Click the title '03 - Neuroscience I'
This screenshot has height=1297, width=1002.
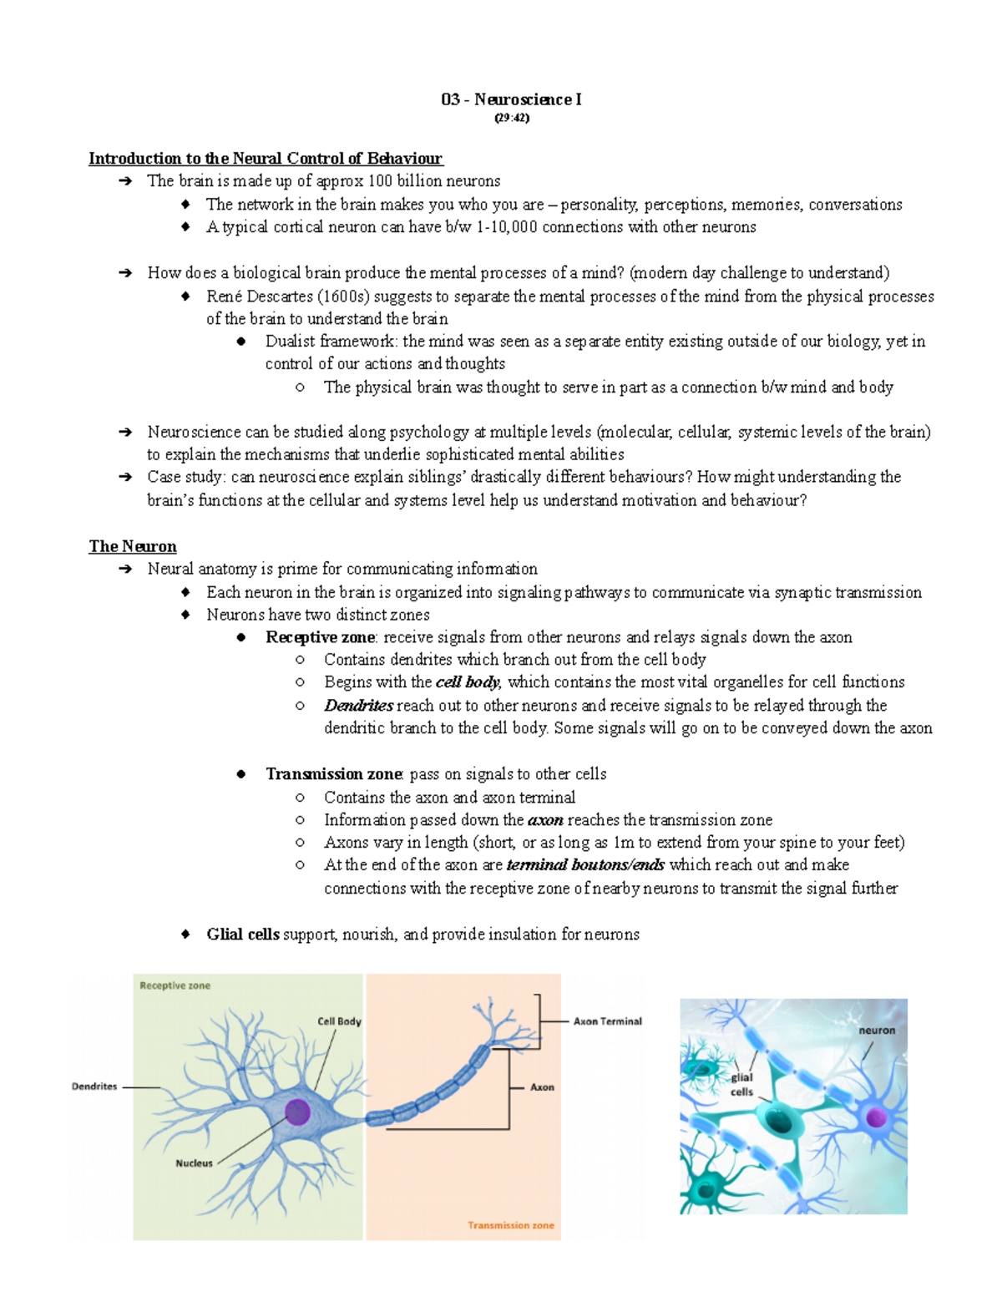[x=511, y=99]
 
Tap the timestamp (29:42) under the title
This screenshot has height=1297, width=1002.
[x=511, y=118]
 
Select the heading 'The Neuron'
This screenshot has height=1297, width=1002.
[x=133, y=546]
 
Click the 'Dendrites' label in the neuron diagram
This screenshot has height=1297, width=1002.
[x=94, y=1087]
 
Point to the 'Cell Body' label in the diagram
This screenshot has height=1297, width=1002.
[x=339, y=1021]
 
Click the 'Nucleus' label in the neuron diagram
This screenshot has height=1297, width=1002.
[x=194, y=1163]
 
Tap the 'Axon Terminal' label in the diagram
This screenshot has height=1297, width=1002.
[x=607, y=1021]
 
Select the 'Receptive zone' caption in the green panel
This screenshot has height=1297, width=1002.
[x=175, y=985]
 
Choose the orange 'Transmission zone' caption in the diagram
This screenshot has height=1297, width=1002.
[x=510, y=1225]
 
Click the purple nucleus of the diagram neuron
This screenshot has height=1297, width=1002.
[x=298, y=1112]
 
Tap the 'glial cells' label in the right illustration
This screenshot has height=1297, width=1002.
[x=741, y=1084]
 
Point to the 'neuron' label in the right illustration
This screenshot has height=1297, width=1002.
[x=877, y=1031]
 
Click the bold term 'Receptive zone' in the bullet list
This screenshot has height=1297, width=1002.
[x=320, y=637]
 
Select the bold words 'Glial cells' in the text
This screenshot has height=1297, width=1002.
[x=243, y=935]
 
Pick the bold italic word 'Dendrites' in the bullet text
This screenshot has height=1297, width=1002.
[x=359, y=706]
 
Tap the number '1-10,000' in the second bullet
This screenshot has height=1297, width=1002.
[x=507, y=227]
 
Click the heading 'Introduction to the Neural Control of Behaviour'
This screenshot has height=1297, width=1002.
[x=266, y=159]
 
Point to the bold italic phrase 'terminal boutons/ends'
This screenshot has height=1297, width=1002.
[x=585, y=865]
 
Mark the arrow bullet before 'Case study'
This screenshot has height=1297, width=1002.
[x=125, y=478]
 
